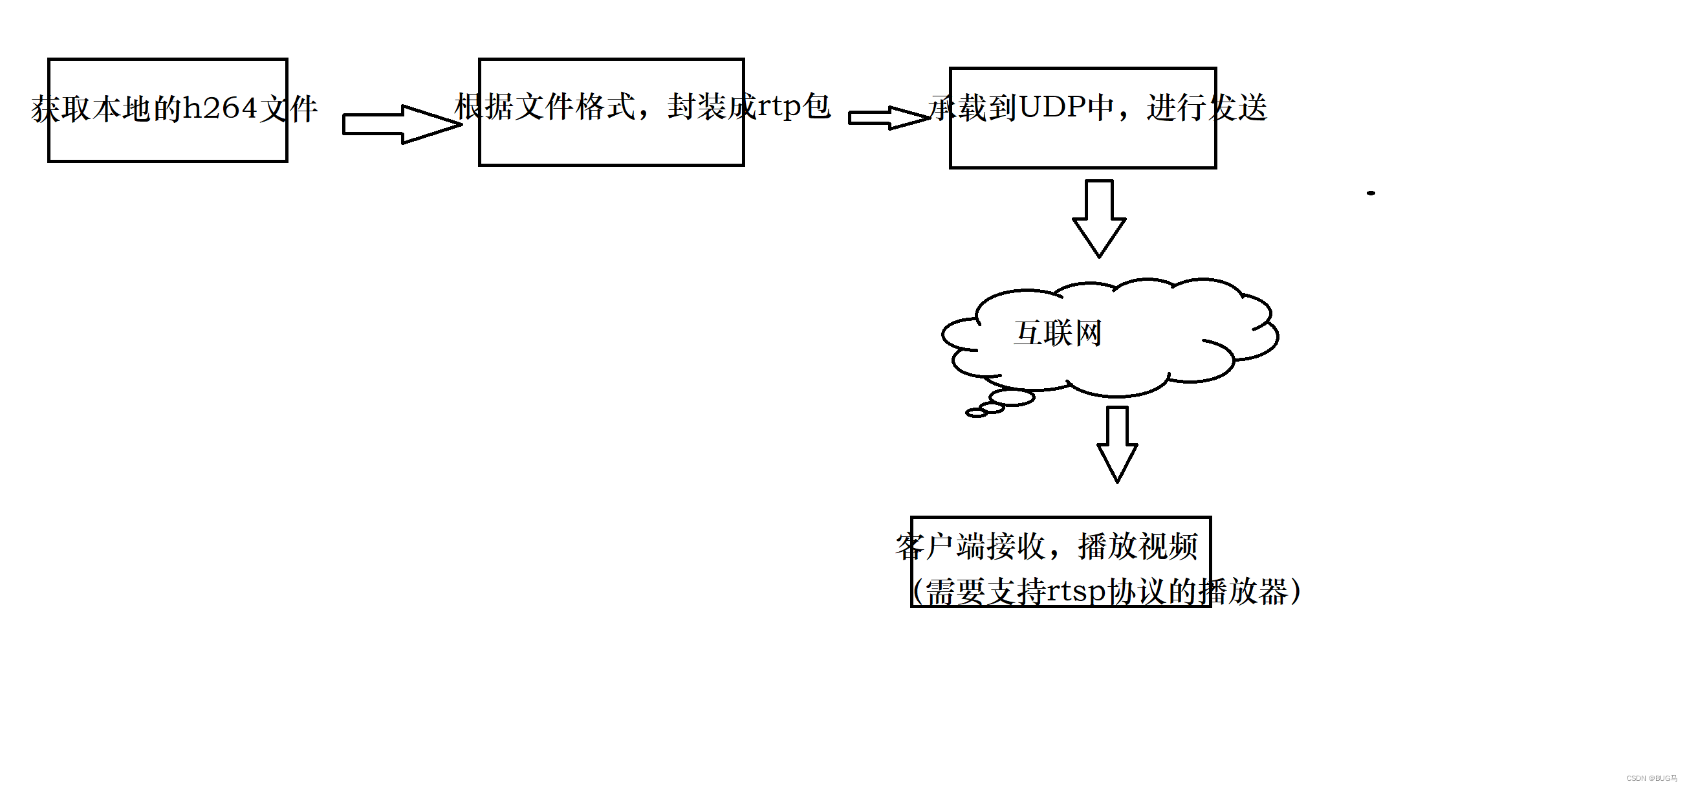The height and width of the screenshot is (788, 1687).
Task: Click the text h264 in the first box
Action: [x=219, y=108]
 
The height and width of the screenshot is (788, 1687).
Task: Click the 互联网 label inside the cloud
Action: [x=1058, y=333]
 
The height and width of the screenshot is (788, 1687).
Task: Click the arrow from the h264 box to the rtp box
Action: [x=401, y=124]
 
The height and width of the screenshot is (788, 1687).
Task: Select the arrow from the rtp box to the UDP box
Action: [x=887, y=118]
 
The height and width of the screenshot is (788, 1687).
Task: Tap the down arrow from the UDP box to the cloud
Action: [x=1099, y=218]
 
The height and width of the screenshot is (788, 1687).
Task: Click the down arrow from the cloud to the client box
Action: [x=1116, y=444]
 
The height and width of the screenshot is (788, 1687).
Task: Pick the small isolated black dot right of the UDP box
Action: [x=1371, y=193]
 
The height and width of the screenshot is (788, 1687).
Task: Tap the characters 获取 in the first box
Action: [x=61, y=109]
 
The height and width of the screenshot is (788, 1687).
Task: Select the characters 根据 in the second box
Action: [x=484, y=107]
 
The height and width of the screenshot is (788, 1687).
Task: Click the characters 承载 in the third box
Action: [x=957, y=107]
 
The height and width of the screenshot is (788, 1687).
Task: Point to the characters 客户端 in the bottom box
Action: [x=941, y=546]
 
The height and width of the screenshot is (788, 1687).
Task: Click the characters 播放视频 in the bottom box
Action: [x=1138, y=546]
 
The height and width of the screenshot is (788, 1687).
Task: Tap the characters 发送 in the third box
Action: [x=1237, y=107]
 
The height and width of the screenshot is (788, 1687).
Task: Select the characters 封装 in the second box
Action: [x=697, y=107]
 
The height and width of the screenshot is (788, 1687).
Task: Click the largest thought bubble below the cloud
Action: [x=1012, y=397]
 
